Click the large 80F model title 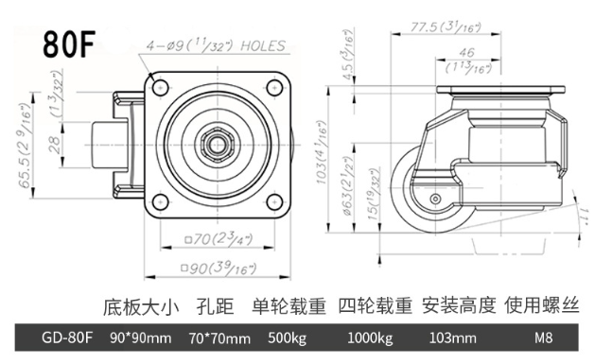(x=69, y=44)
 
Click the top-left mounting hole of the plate (x=160, y=88)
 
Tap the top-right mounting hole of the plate (x=274, y=88)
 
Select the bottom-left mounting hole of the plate (x=160, y=201)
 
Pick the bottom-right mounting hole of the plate (x=274, y=201)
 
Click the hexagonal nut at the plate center (x=217, y=145)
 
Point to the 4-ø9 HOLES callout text (x=216, y=46)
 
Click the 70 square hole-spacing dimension (x=219, y=239)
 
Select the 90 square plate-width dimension (x=219, y=269)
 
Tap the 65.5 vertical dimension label (x=26, y=146)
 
